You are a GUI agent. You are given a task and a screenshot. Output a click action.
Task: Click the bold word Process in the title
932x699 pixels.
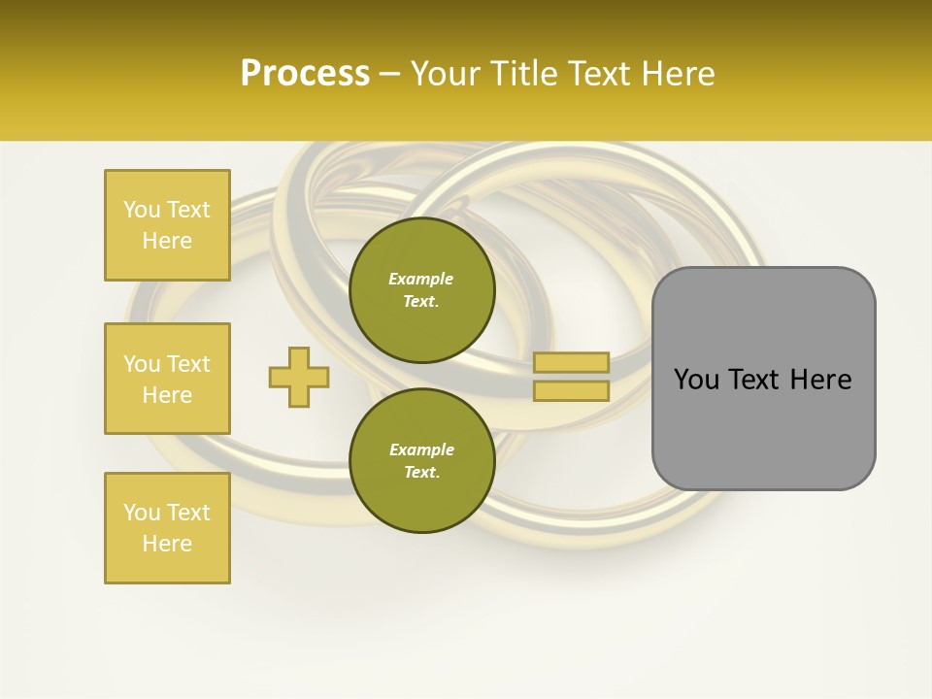[305, 74]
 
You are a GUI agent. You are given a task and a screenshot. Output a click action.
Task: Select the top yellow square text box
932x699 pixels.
[167, 225]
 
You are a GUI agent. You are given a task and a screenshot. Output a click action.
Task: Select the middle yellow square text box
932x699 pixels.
[167, 379]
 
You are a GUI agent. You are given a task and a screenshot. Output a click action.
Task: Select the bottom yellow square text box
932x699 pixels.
[167, 527]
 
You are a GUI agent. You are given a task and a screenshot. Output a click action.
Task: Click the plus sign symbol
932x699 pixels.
[299, 377]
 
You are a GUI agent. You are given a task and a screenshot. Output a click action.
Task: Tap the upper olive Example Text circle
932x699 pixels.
[421, 290]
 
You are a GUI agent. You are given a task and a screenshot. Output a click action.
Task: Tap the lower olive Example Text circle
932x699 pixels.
[421, 461]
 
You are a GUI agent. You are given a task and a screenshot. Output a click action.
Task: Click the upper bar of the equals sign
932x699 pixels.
[571, 363]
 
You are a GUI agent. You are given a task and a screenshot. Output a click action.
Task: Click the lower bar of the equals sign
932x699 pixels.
[571, 391]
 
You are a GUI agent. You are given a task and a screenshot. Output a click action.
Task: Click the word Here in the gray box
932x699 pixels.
[821, 380]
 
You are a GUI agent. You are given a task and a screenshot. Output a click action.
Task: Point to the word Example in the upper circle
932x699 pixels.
[421, 279]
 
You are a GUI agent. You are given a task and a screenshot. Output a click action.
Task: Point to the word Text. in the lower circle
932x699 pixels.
[421, 473]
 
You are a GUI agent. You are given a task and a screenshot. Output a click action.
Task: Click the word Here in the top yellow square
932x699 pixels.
[167, 241]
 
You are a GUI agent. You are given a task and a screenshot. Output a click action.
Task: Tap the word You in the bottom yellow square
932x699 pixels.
[142, 513]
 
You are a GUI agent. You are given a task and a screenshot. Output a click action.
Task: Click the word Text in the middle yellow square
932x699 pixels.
[187, 364]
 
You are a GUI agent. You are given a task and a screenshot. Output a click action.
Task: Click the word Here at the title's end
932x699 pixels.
[680, 74]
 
